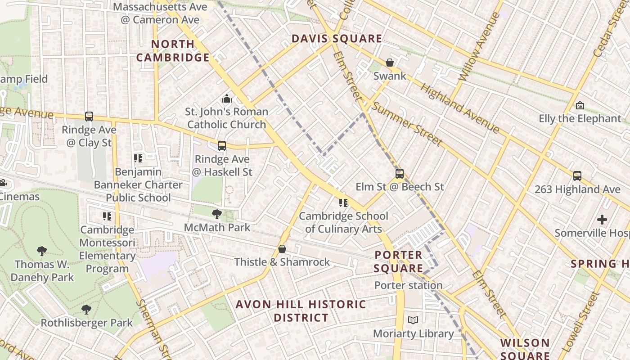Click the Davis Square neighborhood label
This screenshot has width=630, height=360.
coord(337,39)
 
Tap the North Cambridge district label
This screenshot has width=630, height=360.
coord(173,51)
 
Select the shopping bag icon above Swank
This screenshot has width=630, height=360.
coord(390,63)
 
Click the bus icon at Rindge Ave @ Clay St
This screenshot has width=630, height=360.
coord(89,117)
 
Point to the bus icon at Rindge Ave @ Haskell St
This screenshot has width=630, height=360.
coord(222,146)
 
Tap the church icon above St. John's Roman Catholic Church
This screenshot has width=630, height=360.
coord(227,99)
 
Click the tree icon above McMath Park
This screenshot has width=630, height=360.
coord(217,214)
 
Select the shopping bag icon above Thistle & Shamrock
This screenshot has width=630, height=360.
coord(282,249)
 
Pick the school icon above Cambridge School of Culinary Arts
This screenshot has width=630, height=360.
coord(343,203)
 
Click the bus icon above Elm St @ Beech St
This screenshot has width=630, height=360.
coord(400,174)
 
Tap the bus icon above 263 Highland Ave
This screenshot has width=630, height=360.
coord(577,176)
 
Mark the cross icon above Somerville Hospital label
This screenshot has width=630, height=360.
coord(602,220)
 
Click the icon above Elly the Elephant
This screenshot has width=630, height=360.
coord(580,106)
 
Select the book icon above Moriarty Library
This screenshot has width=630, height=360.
coord(413,320)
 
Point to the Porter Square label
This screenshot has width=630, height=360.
coord(399,262)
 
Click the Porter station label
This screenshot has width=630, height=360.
coord(409,285)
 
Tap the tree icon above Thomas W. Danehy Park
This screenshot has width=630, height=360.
coord(42,251)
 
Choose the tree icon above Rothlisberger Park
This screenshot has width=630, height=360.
coord(86,310)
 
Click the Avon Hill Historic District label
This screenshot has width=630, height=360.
coord(301,311)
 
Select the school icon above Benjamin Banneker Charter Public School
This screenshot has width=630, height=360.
coord(138,158)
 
